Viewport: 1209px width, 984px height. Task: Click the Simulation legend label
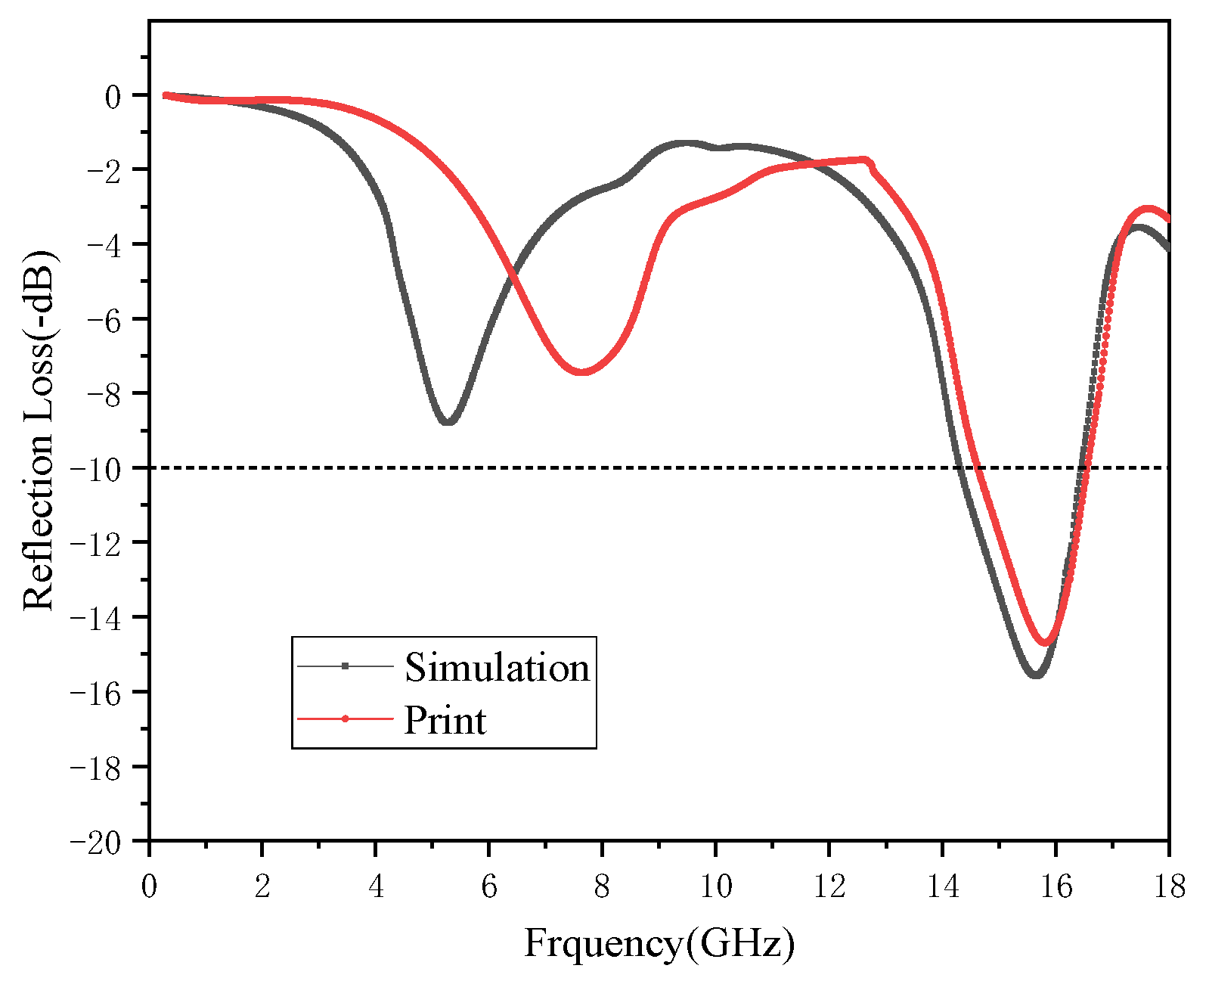coord(497,667)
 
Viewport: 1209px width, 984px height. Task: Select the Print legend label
coord(445,720)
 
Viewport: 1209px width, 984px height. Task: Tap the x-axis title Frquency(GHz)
coord(659,943)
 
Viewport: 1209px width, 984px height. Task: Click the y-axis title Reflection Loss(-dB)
coord(39,430)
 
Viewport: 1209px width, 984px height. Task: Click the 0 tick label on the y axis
coord(113,96)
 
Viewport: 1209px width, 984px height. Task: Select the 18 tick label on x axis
coord(1169,886)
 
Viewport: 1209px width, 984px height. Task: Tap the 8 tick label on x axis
coord(602,886)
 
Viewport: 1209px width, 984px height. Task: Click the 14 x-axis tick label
coord(942,886)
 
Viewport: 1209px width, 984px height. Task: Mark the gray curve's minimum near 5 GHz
coord(448,422)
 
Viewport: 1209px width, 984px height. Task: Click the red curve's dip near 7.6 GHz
coord(581,371)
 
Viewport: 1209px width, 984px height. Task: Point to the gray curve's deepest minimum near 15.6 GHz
coord(1036,674)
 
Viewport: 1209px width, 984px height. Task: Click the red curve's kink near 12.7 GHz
coord(869,162)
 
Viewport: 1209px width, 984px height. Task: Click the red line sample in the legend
coord(346,719)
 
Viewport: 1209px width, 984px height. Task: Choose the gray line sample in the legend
coord(346,666)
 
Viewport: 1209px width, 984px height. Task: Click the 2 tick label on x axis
coord(262,886)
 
